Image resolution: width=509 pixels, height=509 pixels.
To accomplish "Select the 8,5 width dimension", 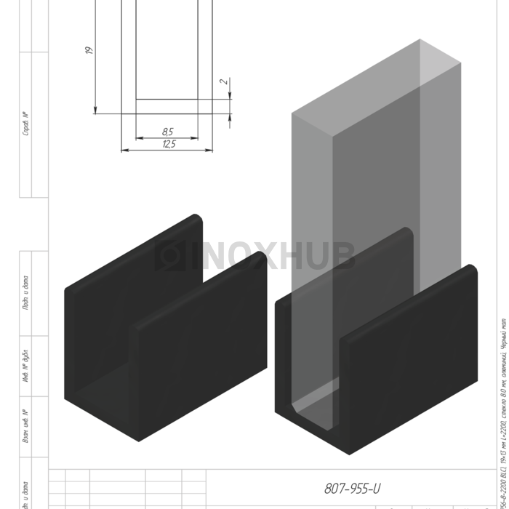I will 167,132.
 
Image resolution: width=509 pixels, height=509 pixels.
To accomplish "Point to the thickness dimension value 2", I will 225,81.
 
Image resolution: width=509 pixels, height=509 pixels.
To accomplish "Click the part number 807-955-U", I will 352,489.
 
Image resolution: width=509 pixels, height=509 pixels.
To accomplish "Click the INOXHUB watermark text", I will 272,256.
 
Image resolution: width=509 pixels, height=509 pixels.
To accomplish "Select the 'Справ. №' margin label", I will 26,124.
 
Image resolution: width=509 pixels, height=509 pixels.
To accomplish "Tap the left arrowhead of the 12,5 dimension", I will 124,151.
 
